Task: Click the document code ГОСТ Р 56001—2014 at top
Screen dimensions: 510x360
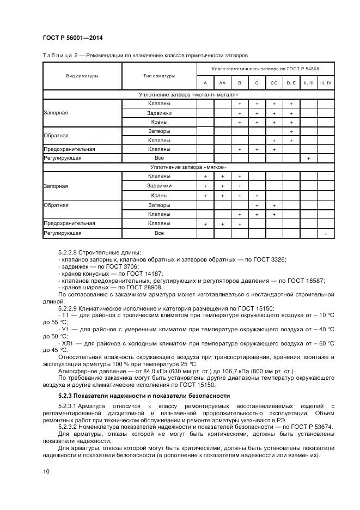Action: point(72,38)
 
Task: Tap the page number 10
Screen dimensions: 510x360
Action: point(46,471)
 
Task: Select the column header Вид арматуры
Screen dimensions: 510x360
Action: point(82,76)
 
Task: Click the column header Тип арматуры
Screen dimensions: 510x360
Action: point(159,76)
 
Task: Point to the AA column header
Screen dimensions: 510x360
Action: point(222,83)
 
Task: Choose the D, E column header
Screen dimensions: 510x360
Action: point(291,83)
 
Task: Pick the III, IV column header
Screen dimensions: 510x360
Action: point(326,83)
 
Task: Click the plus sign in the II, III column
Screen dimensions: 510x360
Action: point(308,158)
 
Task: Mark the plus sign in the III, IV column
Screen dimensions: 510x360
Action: point(326,233)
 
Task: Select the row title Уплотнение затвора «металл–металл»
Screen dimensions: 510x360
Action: point(188,95)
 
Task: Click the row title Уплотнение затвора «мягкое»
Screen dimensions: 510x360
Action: point(188,167)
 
